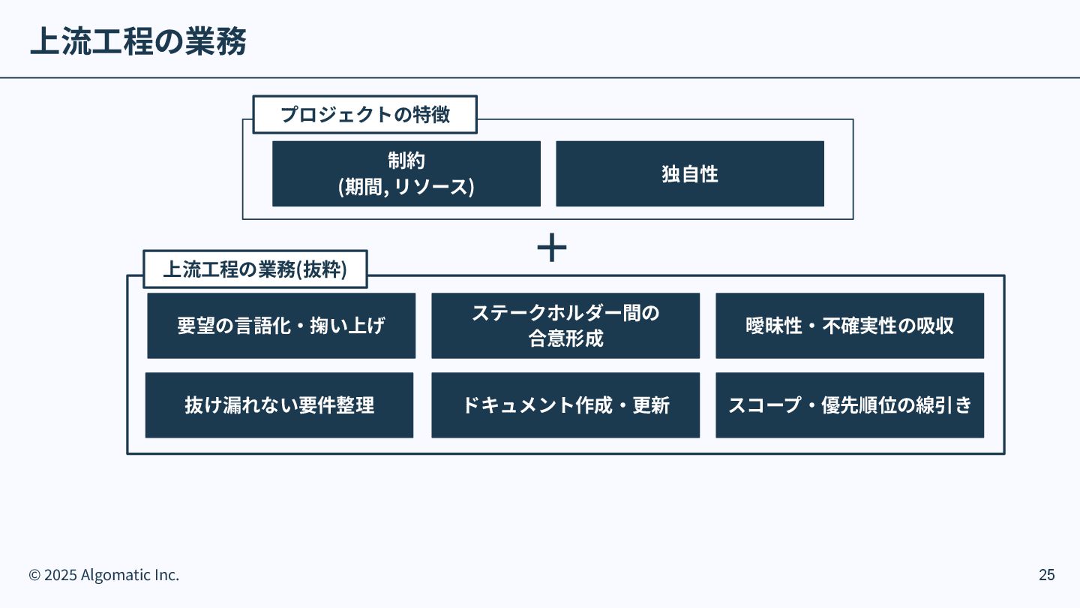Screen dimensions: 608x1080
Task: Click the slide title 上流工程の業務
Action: (138, 42)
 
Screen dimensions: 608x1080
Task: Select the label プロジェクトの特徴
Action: (365, 115)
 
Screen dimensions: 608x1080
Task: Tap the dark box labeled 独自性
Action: (690, 173)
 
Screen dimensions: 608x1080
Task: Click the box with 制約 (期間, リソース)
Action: (406, 173)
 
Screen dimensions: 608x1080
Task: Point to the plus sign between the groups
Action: (551, 248)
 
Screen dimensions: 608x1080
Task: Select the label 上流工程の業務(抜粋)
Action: (255, 269)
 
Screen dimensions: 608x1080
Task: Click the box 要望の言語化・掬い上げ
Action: (281, 326)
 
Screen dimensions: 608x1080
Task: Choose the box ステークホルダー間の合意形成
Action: (565, 326)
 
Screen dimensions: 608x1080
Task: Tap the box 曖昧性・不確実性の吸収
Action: (850, 326)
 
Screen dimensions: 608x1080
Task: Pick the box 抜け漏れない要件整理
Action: (279, 405)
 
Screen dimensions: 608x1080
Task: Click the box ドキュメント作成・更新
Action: (565, 405)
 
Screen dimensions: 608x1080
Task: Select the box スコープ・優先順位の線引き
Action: (850, 405)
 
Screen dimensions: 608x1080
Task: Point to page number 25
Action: (1046, 575)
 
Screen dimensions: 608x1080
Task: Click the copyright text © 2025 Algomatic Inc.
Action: (104, 575)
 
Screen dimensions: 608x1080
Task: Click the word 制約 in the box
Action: (406, 161)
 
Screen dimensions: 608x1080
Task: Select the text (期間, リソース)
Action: (406, 186)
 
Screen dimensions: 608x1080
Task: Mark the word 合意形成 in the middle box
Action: (566, 339)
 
